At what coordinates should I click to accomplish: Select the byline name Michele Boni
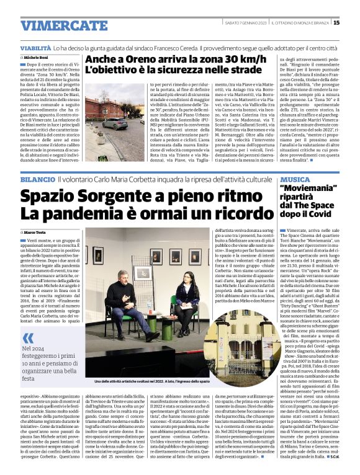point(41,57)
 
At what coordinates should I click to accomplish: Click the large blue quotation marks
point(29,337)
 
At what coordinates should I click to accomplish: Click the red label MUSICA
point(295,179)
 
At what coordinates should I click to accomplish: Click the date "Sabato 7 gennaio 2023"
point(246,23)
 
